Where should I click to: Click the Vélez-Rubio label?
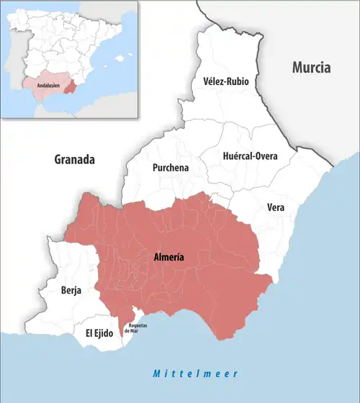pyautogui.click(x=226, y=81)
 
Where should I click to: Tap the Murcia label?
pyautogui.click(x=310, y=68)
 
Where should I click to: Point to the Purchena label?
pyautogui.click(x=171, y=167)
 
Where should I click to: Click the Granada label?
pyautogui.click(x=75, y=159)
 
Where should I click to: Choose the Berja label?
pyautogui.click(x=71, y=291)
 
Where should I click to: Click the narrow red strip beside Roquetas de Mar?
pyautogui.click(x=120, y=320)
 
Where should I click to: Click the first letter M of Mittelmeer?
pyautogui.click(x=156, y=374)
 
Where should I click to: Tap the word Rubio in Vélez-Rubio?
pyautogui.click(x=237, y=81)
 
